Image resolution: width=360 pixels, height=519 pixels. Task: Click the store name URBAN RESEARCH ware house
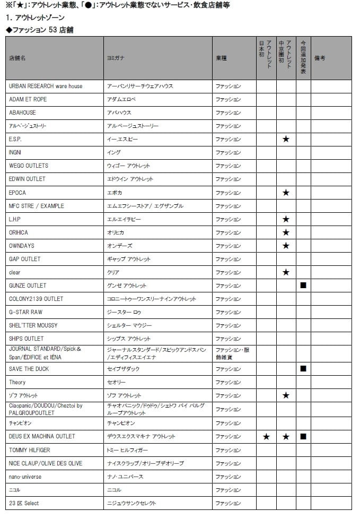[x=46, y=86]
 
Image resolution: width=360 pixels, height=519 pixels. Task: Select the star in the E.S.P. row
[x=286, y=139]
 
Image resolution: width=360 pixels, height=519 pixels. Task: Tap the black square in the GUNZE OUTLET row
[x=303, y=286]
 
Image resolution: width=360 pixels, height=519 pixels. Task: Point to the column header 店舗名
[x=17, y=58]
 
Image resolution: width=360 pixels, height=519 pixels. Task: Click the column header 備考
[x=320, y=58]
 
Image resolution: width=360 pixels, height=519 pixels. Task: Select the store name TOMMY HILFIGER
[x=30, y=450]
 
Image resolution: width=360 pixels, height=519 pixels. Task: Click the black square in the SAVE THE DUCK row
[x=303, y=368]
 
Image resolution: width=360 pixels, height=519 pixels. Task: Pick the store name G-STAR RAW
[x=25, y=312]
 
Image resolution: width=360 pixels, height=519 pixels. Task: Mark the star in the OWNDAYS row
[x=286, y=246]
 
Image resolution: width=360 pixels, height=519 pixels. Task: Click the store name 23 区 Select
[x=24, y=503]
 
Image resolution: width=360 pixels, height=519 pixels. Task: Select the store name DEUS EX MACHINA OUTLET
[x=42, y=436]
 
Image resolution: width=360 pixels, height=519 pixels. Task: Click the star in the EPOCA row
[x=286, y=193]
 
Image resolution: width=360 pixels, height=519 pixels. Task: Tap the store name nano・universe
[x=25, y=477]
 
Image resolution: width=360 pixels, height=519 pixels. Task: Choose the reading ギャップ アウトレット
[x=129, y=259]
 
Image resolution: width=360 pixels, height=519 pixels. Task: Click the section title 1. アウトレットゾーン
[x=33, y=18]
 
